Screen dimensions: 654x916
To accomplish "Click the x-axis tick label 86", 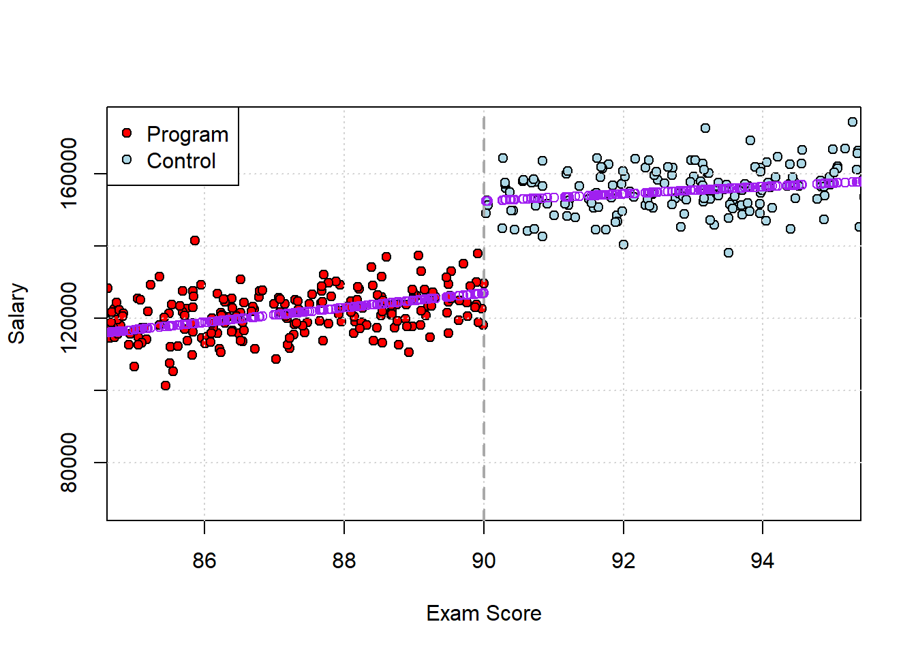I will (204, 561).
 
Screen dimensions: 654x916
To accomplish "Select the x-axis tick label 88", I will (344, 561).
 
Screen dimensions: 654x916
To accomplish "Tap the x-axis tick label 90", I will (484, 561).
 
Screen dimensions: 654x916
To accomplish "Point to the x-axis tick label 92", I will (624, 561).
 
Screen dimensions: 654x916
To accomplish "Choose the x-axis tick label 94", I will (763, 561).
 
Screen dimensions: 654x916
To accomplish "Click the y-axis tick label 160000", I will (69, 174).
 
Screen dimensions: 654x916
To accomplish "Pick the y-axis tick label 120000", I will (69, 318).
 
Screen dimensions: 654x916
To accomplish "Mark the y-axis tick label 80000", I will (69, 463).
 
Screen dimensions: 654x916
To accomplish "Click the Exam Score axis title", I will (484, 614).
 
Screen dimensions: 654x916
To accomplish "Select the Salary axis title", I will (17, 314).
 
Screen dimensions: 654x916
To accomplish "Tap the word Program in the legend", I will (187, 134).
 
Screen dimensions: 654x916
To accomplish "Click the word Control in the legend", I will (181, 161).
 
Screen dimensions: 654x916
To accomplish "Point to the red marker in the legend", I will (127, 133).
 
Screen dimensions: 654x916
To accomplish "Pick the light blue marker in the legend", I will (127, 159).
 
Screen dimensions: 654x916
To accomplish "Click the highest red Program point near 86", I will (195, 240).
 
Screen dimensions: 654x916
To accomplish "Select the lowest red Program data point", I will (166, 386).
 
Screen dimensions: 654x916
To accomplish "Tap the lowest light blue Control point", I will (729, 253).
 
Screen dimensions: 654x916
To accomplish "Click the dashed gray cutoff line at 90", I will (484, 409).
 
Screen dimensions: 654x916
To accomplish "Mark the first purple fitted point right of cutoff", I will (486, 201).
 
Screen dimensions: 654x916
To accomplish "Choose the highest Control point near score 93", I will (705, 128).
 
